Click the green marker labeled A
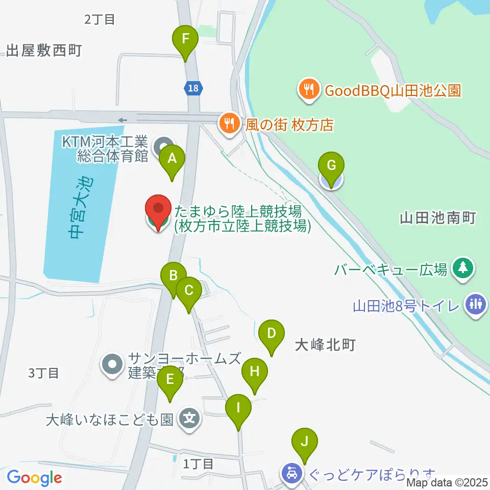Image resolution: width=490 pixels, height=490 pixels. coord(172,160)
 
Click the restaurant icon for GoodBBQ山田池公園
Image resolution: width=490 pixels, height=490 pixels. coord(308,91)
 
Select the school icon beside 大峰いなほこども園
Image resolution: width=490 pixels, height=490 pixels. coord(190,420)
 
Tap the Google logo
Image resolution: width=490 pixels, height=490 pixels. coord(34,478)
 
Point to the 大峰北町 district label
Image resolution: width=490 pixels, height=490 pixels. coord(325,346)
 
